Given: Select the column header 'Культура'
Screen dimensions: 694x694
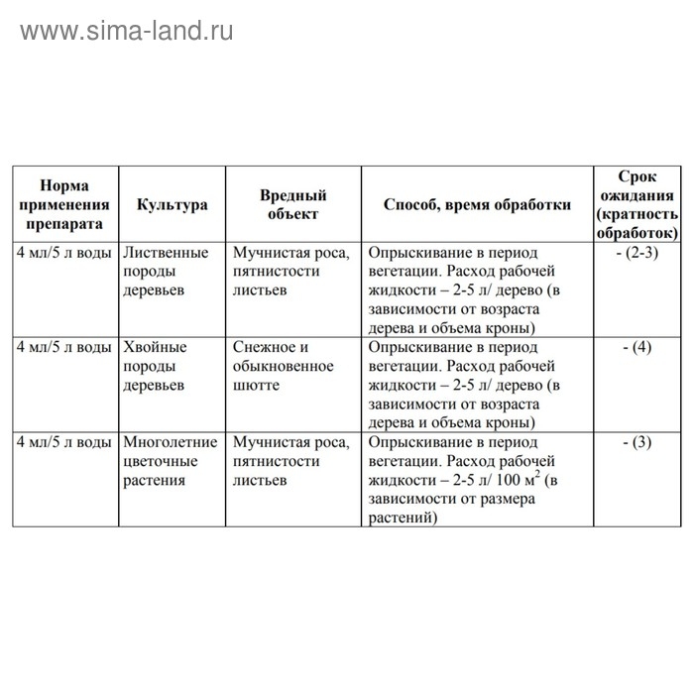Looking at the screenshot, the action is coord(173,205).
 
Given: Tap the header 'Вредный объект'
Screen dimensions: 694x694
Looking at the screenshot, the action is coord(292,205).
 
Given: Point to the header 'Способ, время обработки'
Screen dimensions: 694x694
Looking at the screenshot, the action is coord(477,205).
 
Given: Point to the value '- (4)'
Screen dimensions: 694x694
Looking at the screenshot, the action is coord(636,348).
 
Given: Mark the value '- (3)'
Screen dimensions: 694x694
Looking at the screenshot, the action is coord(636,442).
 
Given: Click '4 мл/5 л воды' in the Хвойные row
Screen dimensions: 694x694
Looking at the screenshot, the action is coord(62,348).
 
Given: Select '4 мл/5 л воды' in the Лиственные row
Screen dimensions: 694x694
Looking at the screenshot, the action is coord(62,253).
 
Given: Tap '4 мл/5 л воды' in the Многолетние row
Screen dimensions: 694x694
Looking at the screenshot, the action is coord(62,442).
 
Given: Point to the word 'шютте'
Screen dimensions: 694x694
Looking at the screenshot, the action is coord(254,387).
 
